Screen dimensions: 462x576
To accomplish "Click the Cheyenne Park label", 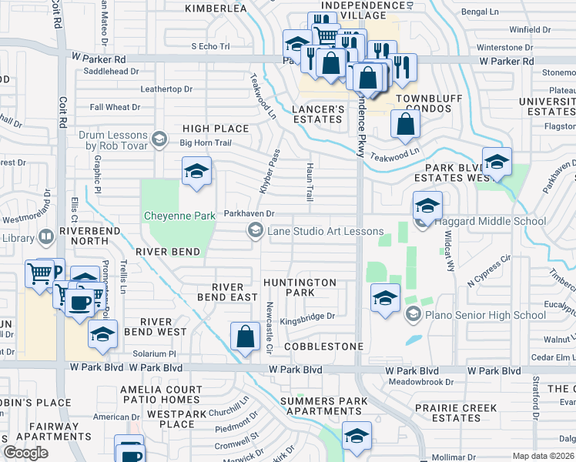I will click(179, 216).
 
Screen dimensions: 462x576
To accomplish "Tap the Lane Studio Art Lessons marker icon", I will click(255, 230).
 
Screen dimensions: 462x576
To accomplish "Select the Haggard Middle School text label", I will click(491, 222).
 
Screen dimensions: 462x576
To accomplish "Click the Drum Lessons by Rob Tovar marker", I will click(159, 139).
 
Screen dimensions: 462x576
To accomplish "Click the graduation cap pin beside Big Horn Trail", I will click(196, 172).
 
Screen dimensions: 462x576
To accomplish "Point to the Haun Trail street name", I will click(310, 187).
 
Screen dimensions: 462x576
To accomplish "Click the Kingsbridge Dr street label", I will click(308, 316).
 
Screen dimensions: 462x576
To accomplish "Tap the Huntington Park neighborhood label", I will click(300, 287).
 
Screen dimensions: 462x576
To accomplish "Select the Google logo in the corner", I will click(26, 453).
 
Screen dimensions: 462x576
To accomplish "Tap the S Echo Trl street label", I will click(210, 46).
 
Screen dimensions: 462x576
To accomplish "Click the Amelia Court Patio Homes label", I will click(160, 395).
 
